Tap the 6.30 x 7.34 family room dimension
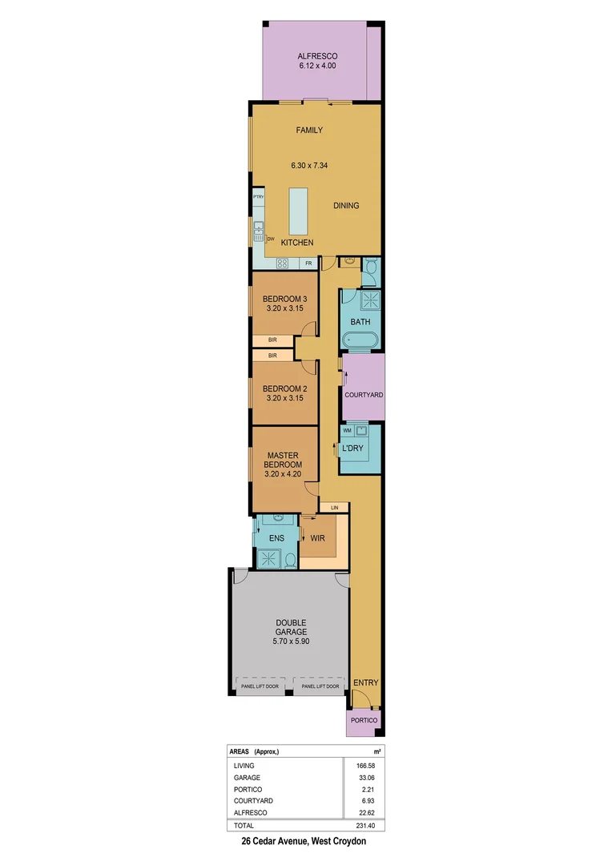pyautogui.click(x=308, y=166)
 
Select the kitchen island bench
pyautogui.click(x=297, y=211)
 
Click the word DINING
pyautogui.click(x=346, y=206)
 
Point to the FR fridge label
pyautogui.click(x=308, y=263)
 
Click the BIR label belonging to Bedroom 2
pyautogui.click(x=272, y=355)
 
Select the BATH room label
pyautogui.click(x=360, y=322)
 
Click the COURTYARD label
pyautogui.click(x=364, y=395)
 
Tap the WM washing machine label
pyautogui.click(x=347, y=430)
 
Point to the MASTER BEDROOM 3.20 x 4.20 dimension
pyautogui.click(x=284, y=473)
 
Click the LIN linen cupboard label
pyautogui.click(x=334, y=507)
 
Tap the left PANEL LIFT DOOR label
pyautogui.click(x=260, y=686)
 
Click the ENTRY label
pyautogui.click(x=365, y=682)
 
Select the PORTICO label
pyautogui.click(x=363, y=720)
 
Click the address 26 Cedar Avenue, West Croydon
pyautogui.click(x=304, y=842)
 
